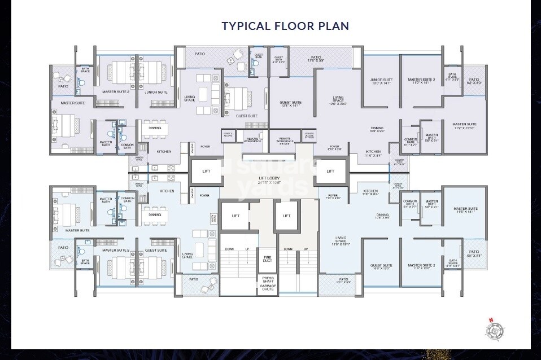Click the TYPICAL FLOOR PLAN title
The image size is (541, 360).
click(x=285, y=26)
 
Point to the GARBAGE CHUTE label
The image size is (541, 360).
click(x=268, y=288)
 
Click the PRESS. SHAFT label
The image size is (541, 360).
click(x=267, y=279)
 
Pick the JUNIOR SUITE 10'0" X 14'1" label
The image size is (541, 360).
click(x=381, y=81)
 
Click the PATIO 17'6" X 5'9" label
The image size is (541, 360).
click(x=315, y=58)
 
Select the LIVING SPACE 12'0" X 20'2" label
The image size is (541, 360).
click(x=338, y=101)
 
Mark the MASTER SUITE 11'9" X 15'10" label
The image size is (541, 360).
click(x=464, y=126)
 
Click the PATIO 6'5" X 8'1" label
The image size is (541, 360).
click(x=474, y=253)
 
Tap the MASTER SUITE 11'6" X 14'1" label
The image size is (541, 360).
click(x=465, y=210)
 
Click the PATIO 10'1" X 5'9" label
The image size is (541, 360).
click(x=343, y=280)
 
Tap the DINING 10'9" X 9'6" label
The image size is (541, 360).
click(x=377, y=130)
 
